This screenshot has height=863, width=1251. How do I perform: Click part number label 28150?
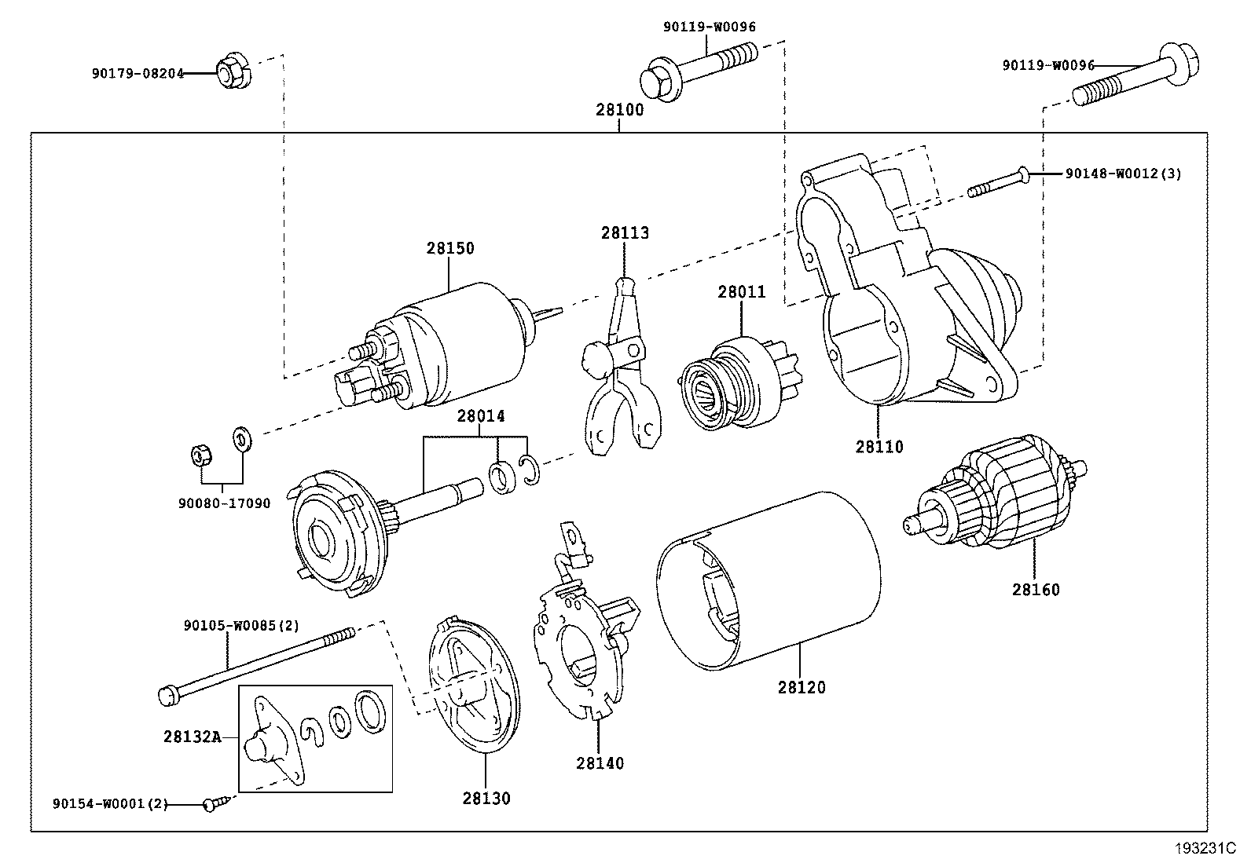pos(450,248)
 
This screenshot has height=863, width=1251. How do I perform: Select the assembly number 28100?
pos(619,110)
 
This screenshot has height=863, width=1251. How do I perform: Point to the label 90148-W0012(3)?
pos(1123,174)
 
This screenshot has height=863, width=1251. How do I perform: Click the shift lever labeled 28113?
pos(620,369)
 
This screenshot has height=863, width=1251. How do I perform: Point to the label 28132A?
pos(192,737)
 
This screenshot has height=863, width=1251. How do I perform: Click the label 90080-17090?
pos(225,503)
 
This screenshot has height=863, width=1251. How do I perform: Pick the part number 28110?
pos(879,447)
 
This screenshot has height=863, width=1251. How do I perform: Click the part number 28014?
pos(481,416)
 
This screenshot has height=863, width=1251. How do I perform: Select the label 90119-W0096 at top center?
pos(709,27)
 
